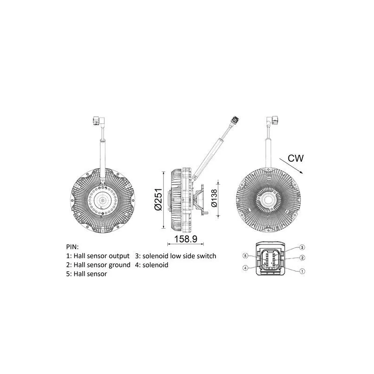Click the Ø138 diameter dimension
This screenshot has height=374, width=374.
[x=214, y=198]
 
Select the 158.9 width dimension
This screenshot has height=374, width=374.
[x=185, y=239]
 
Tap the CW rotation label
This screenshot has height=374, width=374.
[x=295, y=158]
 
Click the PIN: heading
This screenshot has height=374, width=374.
[x=72, y=246]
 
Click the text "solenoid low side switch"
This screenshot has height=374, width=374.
[x=180, y=256]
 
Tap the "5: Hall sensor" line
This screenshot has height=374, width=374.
[x=87, y=274]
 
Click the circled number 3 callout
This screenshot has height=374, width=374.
[x=302, y=247]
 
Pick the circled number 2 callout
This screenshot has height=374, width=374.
[x=302, y=258]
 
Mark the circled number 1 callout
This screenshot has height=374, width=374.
[x=302, y=271]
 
